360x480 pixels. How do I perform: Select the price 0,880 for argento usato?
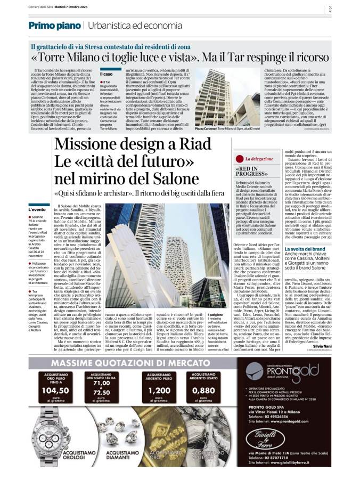[204, 390]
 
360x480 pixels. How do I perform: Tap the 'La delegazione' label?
[261, 159]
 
